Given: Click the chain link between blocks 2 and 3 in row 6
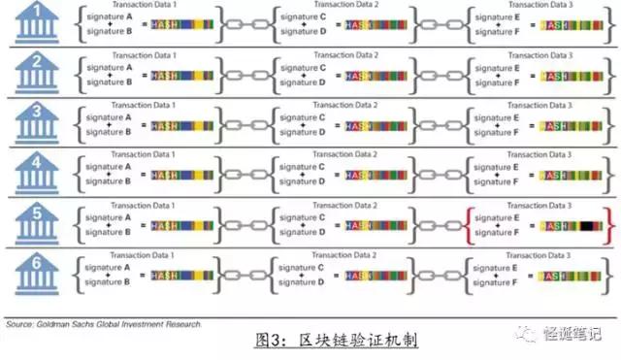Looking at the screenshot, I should pyautogui.click(x=438, y=278).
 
